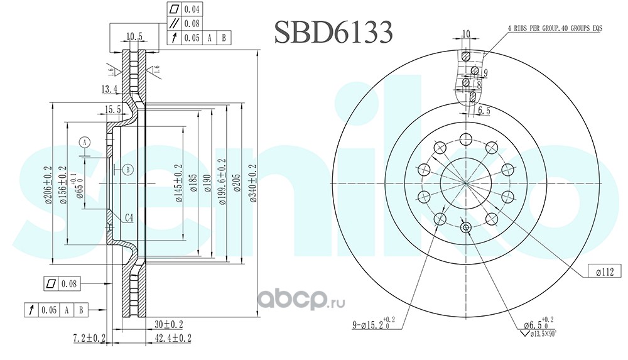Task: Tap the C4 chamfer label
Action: click(x=127, y=218)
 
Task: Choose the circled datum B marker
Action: click(x=127, y=169)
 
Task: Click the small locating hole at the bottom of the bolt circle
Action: click(x=466, y=227)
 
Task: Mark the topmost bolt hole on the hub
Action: click(x=466, y=139)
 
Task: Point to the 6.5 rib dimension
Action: click(x=484, y=111)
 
